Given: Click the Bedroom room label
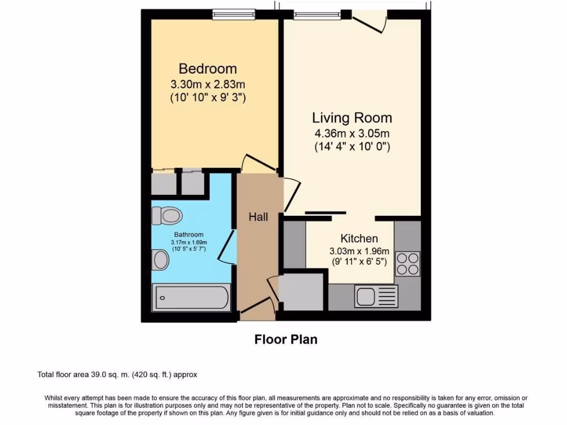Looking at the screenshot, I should pyautogui.click(x=208, y=69).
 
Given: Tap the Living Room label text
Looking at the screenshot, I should pyautogui.click(x=352, y=117).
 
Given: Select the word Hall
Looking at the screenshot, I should pyautogui.click(x=258, y=217).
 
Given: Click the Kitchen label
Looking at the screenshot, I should pyautogui.click(x=359, y=239).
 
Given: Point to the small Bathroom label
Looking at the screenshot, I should pyautogui.click(x=189, y=235).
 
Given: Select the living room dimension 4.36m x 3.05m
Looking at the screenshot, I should pyautogui.click(x=352, y=133).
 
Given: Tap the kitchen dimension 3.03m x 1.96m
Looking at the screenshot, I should pyautogui.click(x=359, y=251).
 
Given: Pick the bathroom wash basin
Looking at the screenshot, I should pyautogui.click(x=161, y=260).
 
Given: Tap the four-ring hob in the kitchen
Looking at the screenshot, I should pyautogui.click(x=408, y=263).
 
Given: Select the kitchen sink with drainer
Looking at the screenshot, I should pyautogui.click(x=377, y=296).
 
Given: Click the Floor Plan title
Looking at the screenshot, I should pyautogui.click(x=286, y=339).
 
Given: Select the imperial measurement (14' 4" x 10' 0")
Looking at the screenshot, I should pyautogui.click(x=352, y=147).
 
